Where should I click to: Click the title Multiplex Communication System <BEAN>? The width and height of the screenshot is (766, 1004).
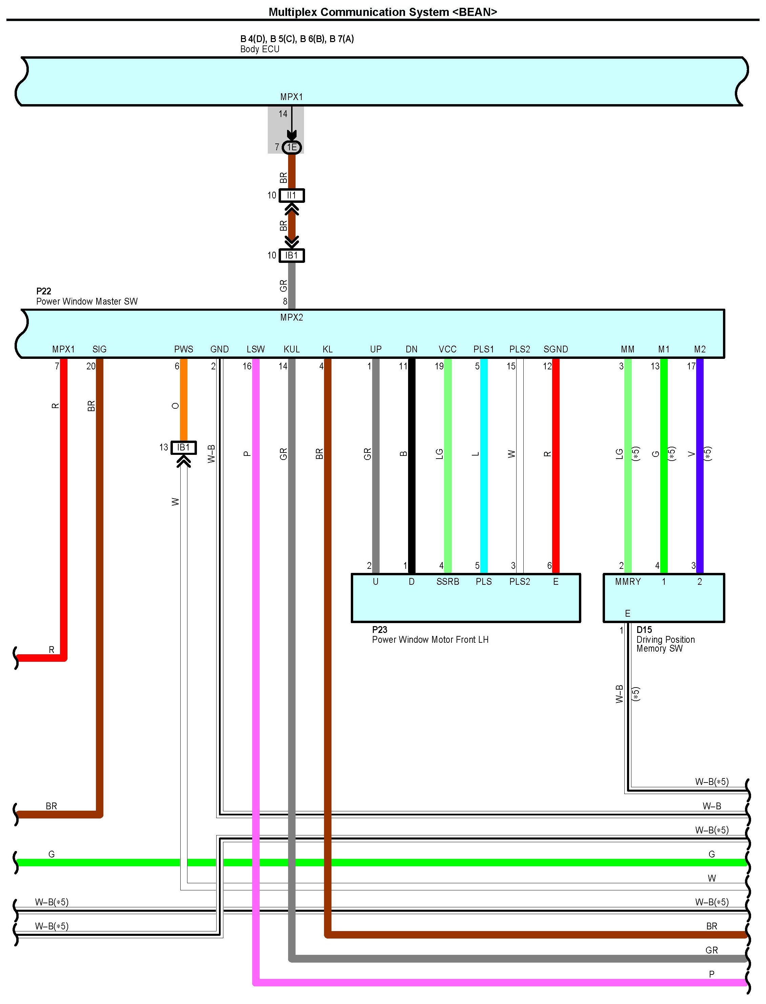click(x=382, y=12)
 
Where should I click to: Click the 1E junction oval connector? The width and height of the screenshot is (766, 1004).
click(x=292, y=147)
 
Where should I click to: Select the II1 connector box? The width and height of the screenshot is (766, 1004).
click(x=292, y=196)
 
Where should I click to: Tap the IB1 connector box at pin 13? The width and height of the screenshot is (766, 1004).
click(x=183, y=447)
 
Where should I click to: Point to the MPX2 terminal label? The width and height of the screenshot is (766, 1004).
click(x=291, y=317)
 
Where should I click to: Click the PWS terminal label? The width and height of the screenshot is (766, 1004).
click(x=183, y=349)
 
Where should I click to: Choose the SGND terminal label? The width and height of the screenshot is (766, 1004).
click(x=555, y=349)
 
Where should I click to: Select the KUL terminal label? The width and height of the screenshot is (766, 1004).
click(x=291, y=349)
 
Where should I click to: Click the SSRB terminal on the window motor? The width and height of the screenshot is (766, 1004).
click(x=447, y=582)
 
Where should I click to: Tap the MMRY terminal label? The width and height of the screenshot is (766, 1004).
click(x=627, y=582)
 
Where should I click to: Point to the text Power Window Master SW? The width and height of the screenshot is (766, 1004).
click(x=87, y=302)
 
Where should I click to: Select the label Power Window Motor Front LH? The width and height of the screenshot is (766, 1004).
click(x=430, y=639)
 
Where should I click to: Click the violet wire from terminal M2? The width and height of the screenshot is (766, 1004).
click(x=700, y=465)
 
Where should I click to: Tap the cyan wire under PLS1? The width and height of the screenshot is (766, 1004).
click(x=484, y=465)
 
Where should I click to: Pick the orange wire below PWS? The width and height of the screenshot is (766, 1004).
click(x=183, y=401)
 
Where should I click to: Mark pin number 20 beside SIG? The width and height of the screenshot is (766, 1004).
click(x=91, y=366)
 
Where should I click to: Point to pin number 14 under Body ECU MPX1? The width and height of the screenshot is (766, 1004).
click(x=283, y=114)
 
